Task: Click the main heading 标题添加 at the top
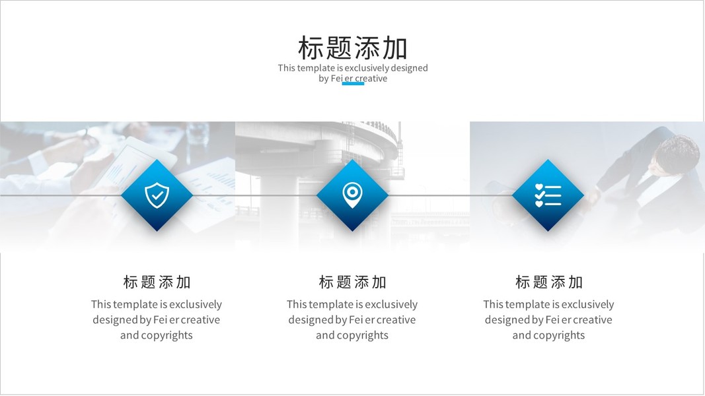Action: point(353,48)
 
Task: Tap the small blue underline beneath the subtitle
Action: point(353,84)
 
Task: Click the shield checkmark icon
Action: point(157,195)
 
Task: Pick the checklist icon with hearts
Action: point(548,195)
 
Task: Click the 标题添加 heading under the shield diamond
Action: point(157,282)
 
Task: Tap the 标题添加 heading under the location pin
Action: point(353,282)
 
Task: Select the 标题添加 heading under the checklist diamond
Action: point(548,282)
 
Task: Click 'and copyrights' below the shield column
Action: point(157,335)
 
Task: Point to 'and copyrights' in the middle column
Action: point(352,335)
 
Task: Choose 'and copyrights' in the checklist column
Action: point(548,335)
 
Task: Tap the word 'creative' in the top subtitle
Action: point(371,78)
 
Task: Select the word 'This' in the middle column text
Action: point(296,304)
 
